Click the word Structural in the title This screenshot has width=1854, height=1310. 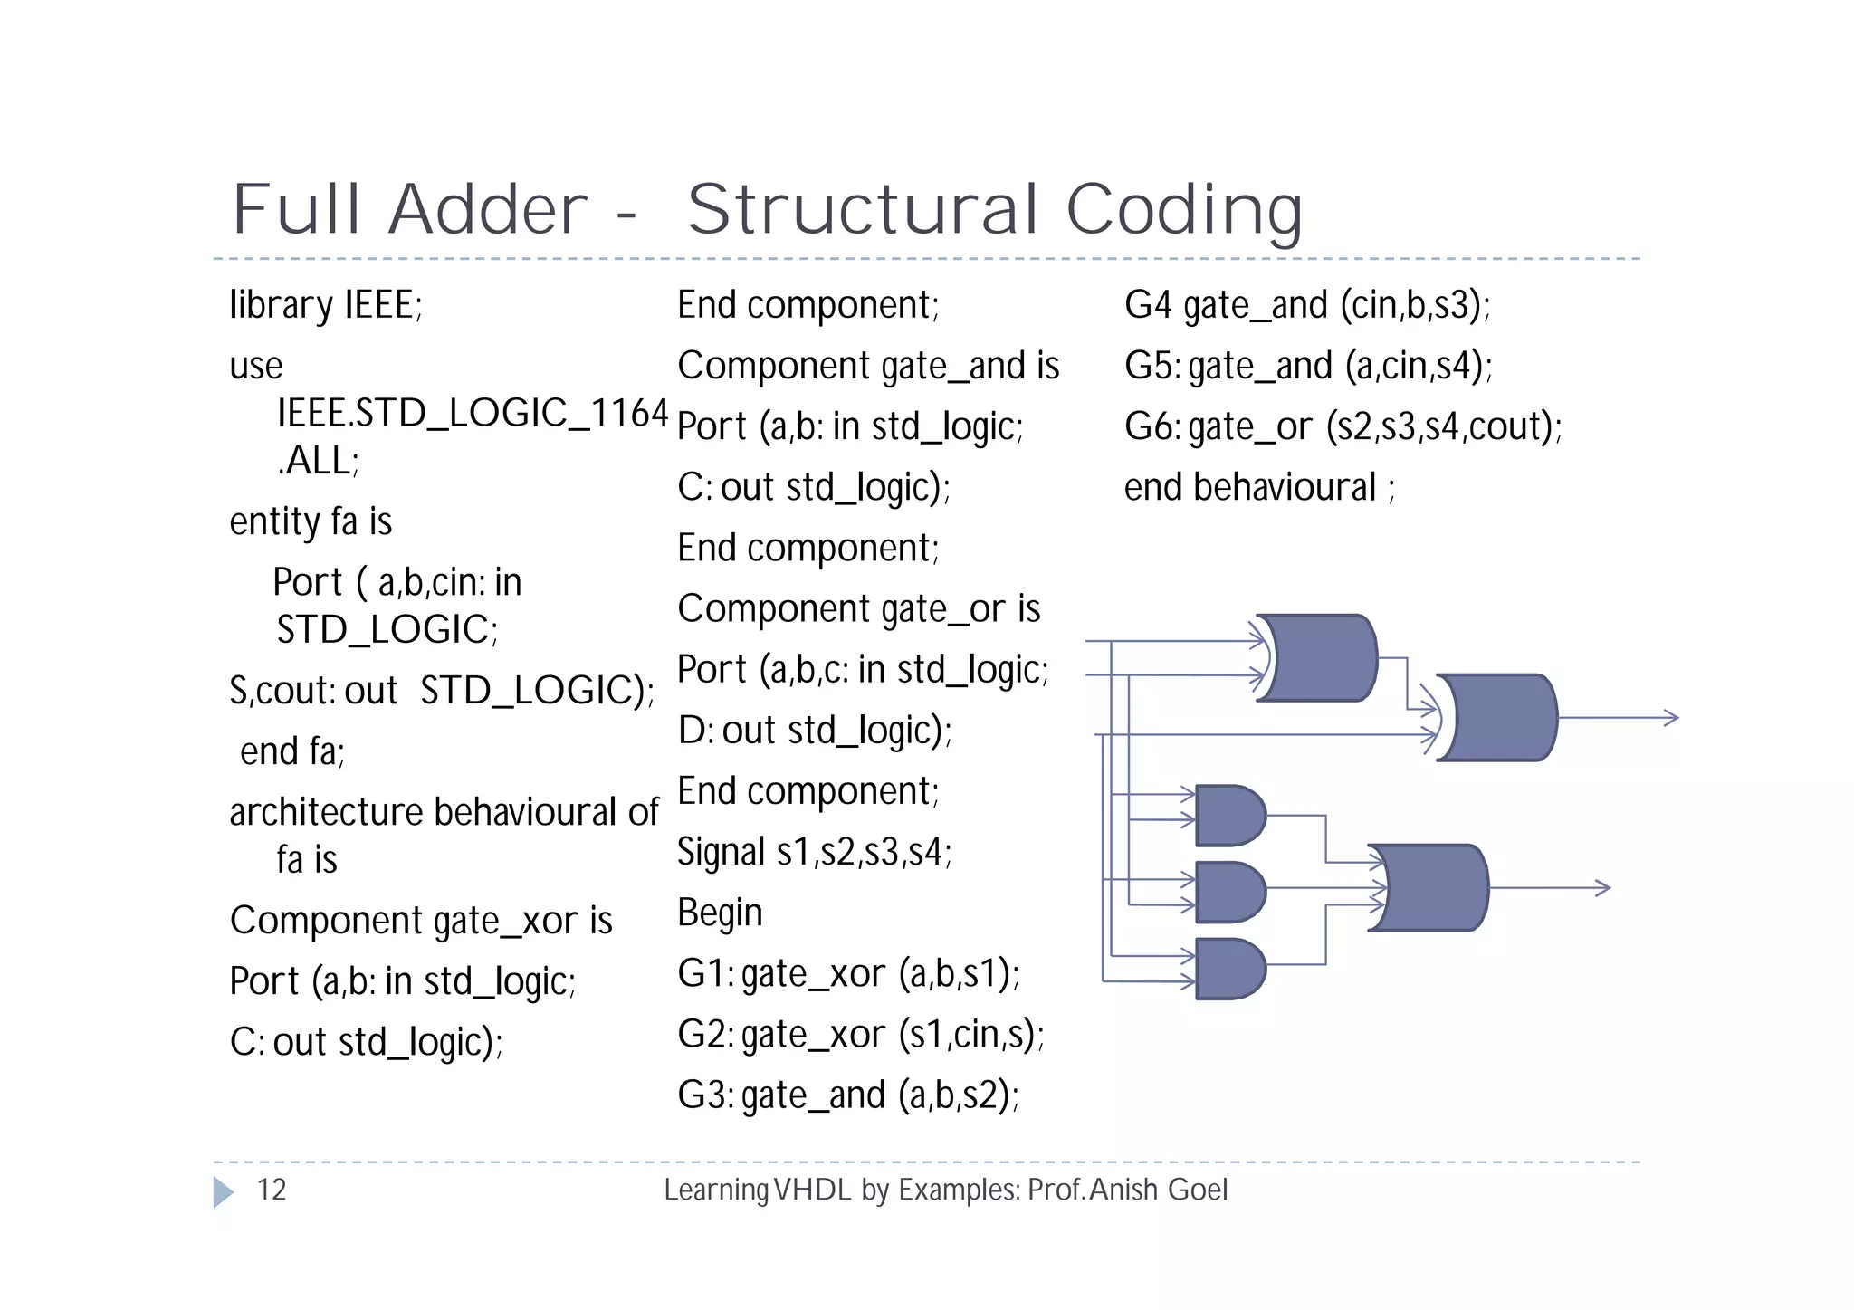[863, 210]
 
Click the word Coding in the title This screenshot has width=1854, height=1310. [1184, 210]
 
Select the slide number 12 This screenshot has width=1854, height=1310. [272, 1190]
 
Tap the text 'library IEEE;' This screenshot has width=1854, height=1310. [326, 305]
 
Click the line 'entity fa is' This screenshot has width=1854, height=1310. [311, 521]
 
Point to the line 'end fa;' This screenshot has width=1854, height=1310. [291, 751]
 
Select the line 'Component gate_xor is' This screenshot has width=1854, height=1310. [421, 921]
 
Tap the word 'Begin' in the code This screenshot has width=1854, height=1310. [720, 913]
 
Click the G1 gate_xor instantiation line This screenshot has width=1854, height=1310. [848, 974]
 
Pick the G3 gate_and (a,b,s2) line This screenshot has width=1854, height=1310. [848, 1095]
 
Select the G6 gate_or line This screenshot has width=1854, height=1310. [1343, 426]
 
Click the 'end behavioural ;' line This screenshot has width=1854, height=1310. [1259, 488]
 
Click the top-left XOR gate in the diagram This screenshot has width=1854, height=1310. [1320, 658]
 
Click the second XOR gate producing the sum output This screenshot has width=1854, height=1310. [1499, 717]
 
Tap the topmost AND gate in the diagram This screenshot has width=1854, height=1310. [1229, 816]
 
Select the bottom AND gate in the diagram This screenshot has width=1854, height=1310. [1229, 969]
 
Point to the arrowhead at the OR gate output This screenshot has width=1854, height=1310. [1602, 888]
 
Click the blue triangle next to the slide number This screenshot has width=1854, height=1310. [223, 1191]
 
